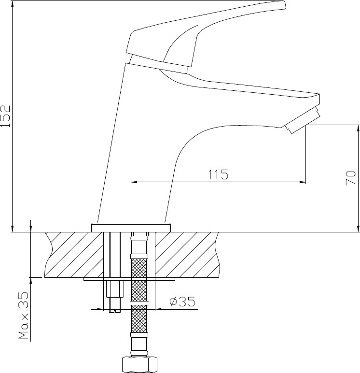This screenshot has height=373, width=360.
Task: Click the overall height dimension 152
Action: click(x=5, y=116)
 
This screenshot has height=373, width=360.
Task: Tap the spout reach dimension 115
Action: click(x=218, y=174)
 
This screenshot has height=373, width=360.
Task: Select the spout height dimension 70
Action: click(x=351, y=178)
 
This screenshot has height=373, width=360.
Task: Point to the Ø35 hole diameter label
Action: click(x=182, y=301)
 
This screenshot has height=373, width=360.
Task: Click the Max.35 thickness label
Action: click(x=24, y=315)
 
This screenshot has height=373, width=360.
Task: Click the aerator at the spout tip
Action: click(x=302, y=120)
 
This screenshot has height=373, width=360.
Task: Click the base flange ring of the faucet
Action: click(x=131, y=228)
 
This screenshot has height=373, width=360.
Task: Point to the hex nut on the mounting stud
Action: click(x=115, y=289)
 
